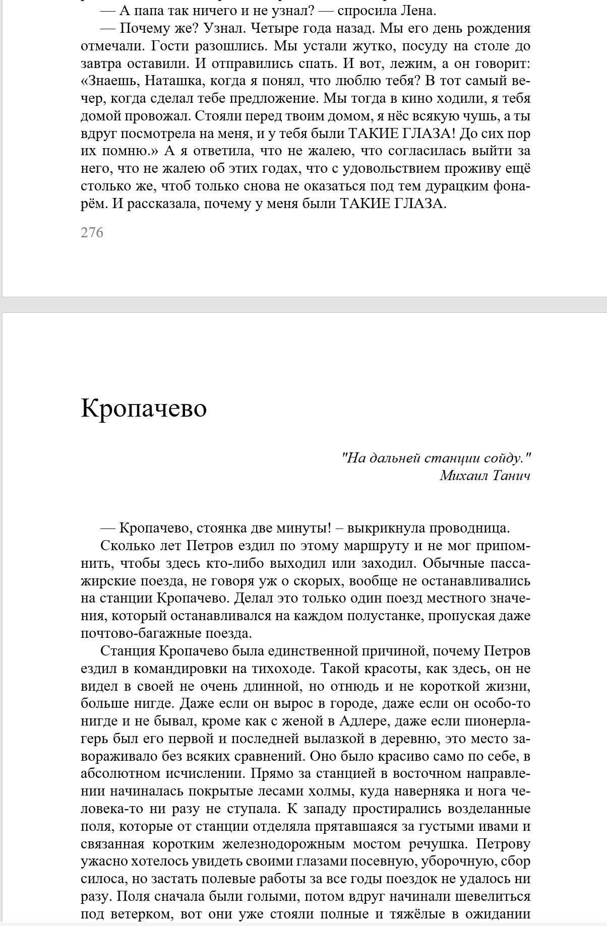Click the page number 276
(92, 233)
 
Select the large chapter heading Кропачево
(144, 408)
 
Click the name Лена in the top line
(421, 11)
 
